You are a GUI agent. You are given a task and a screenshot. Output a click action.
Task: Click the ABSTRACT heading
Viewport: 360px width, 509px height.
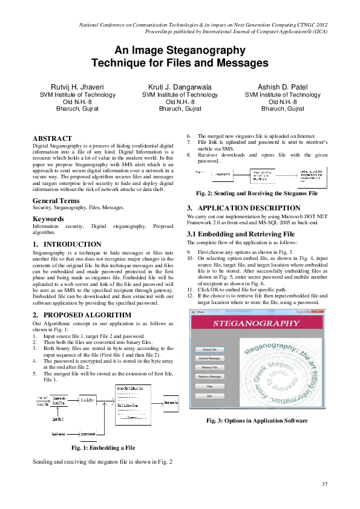pyautogui.click(x=52, y=138)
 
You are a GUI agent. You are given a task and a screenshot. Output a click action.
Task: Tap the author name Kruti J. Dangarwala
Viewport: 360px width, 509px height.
pyautogui.click(x=180, y=86)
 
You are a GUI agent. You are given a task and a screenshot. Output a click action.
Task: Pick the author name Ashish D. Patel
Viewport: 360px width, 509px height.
pyautogui.click(x=283, y=86)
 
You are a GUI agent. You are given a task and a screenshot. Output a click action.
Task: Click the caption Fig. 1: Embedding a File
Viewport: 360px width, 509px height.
pyautogui.click(x=103, y=447)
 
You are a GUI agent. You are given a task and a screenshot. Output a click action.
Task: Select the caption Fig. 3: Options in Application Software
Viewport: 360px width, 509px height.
pyautogui.click(x=257, y=420)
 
